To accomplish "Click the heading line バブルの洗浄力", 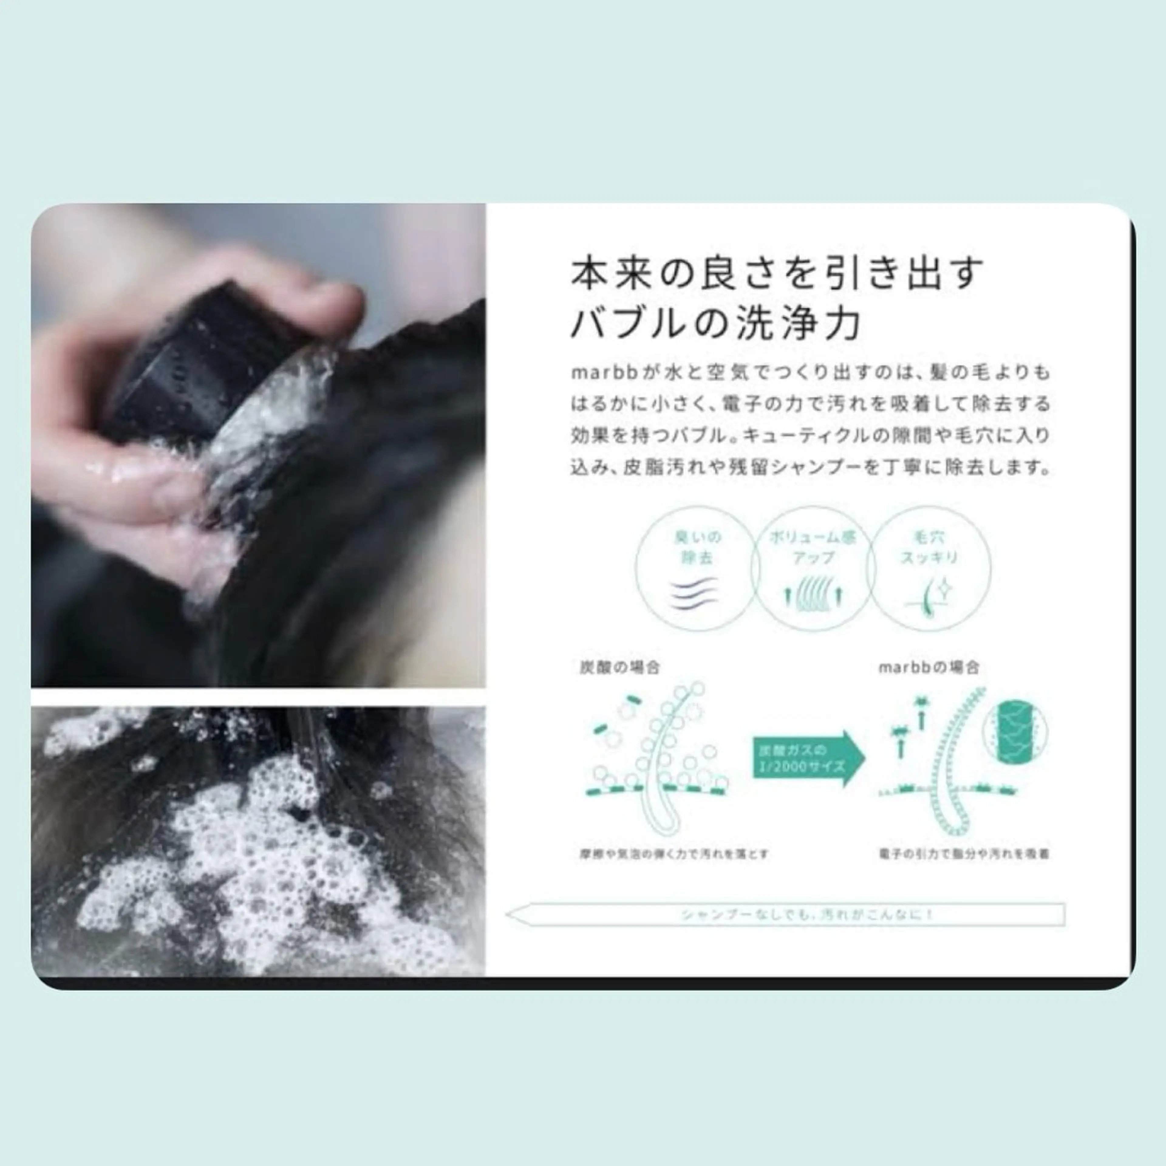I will click(715, 324).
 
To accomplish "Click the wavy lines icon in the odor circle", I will click(697, 595).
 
